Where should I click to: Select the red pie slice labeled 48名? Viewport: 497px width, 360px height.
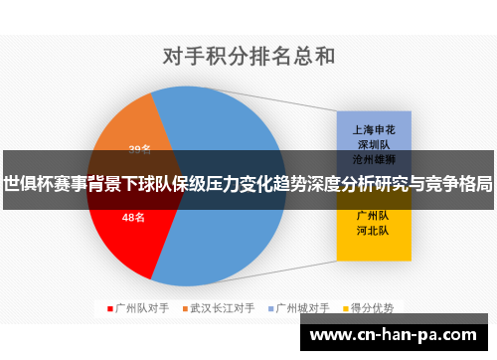124,234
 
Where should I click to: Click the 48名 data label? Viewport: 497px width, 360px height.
133,217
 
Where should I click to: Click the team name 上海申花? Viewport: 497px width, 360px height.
374,129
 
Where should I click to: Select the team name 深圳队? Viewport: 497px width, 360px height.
374,144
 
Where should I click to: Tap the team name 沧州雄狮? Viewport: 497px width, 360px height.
374,158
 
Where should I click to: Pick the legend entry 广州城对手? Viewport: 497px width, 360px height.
302,307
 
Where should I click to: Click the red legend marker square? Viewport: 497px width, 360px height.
109,307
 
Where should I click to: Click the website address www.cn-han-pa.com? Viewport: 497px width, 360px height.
397,335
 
